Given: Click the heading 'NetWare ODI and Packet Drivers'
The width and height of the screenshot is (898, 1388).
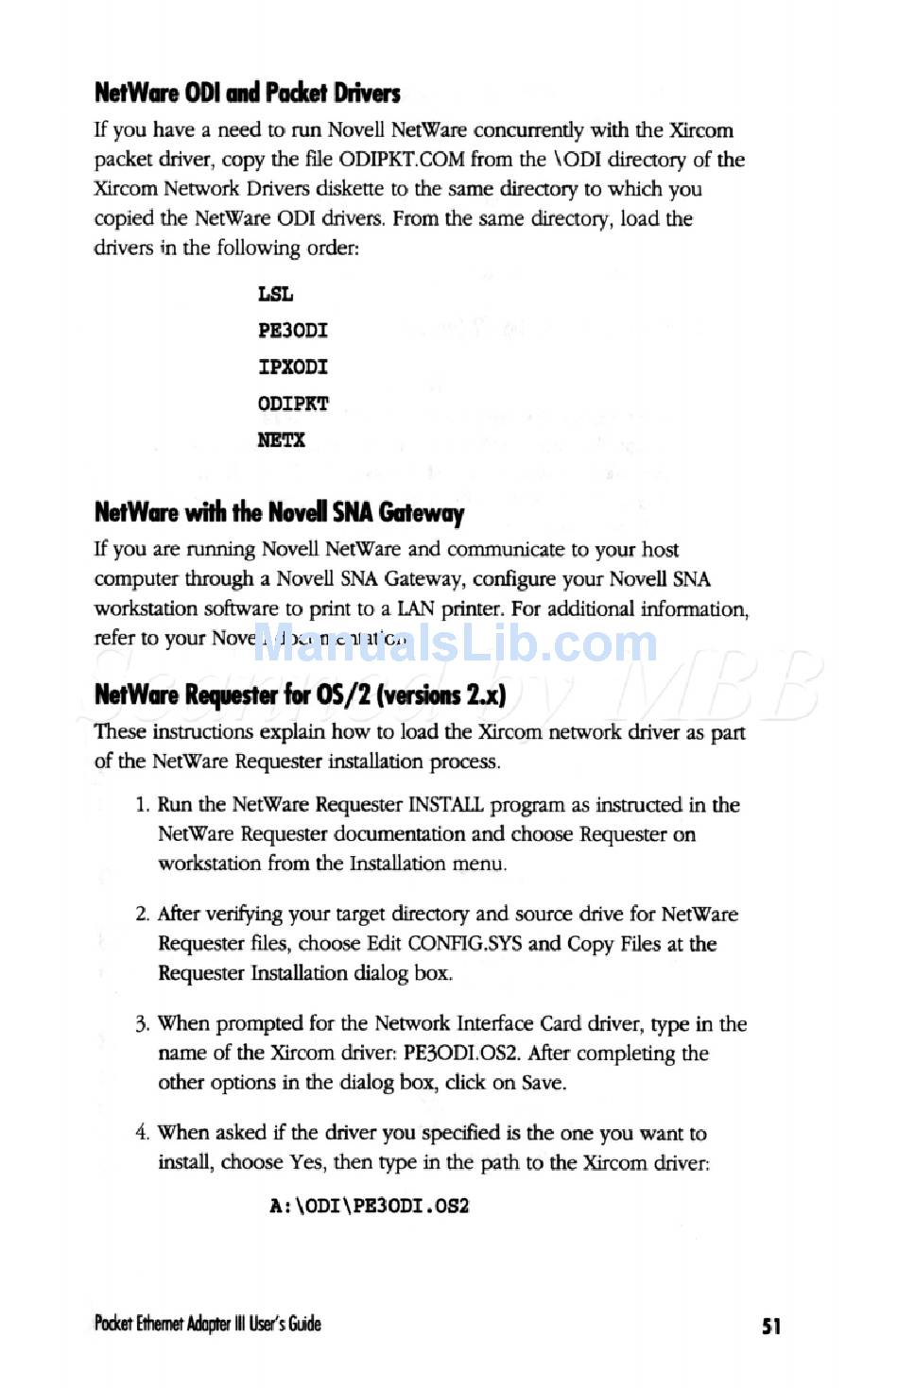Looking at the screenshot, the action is [x=247, y=93].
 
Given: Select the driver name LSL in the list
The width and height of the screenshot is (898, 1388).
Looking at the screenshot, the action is [x=275, y=294].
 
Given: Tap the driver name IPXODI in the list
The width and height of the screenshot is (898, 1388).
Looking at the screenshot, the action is [x=293, y=367].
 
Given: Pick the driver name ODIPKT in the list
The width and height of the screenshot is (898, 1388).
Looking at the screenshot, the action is [x=293, y=403].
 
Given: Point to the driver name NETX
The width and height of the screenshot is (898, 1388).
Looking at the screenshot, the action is [x=282, y=439].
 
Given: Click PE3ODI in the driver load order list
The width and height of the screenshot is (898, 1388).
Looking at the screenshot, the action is [x=293, y=331].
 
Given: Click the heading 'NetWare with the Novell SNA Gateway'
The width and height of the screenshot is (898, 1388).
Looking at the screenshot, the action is [x=279, y=512].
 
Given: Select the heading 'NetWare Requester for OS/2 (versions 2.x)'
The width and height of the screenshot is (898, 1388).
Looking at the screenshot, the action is [x=300, y=694].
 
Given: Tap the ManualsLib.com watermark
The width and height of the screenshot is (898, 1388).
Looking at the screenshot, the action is [x=456, y=643].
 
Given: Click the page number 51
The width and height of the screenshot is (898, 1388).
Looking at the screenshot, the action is [x=771, y=1326].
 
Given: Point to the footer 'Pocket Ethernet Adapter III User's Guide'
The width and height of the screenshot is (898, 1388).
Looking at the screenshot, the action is [x=207, y=1324].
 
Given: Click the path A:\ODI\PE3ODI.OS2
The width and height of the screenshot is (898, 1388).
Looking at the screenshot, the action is [x=370, y=1206].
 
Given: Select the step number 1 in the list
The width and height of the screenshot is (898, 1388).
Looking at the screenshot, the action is [x=142, y=805].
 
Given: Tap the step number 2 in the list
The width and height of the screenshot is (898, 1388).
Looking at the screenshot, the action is [x=142, y=914].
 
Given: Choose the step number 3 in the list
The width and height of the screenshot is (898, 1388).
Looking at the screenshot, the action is [x=142, y=1023].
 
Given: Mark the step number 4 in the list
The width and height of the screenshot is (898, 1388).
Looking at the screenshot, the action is [x=142, y=1133].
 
